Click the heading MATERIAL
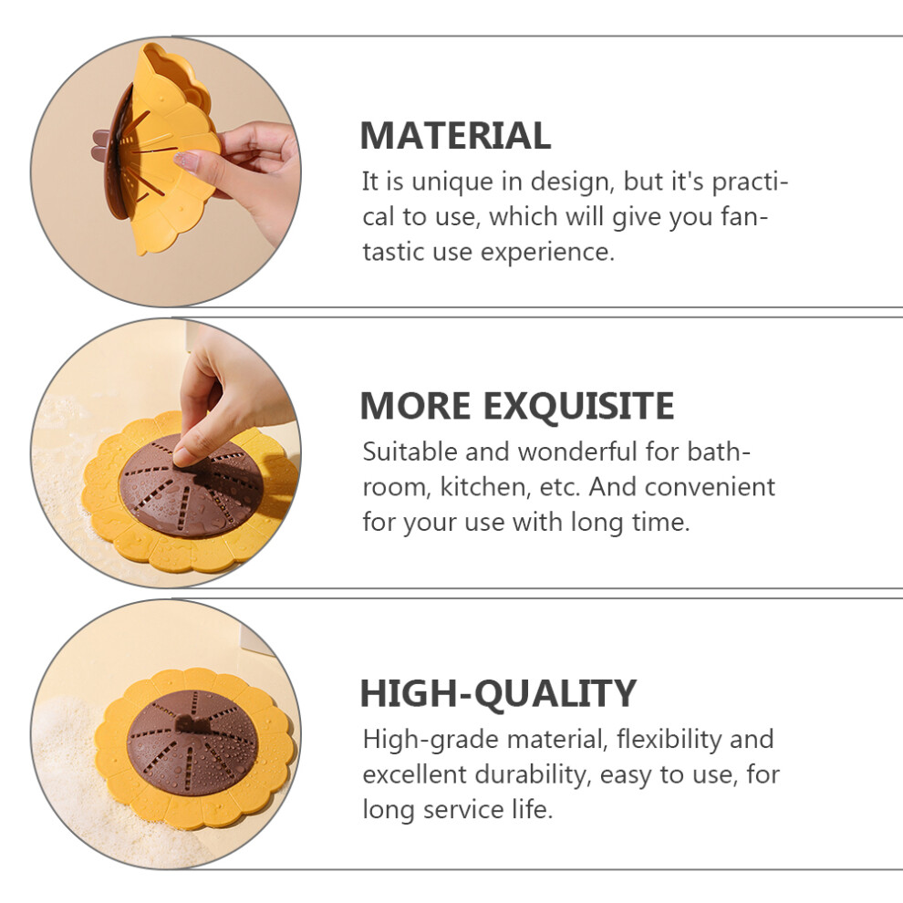click(455, 136)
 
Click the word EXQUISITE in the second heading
click(578, 406)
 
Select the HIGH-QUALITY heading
click(498, 693)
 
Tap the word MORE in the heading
click(415, 406)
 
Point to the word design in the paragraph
click(571, 183)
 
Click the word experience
click(547, 254)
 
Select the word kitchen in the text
click(484, 487)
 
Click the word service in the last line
click(463, 810)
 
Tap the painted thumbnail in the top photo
click(187, 161)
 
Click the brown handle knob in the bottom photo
click(192, 721)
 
